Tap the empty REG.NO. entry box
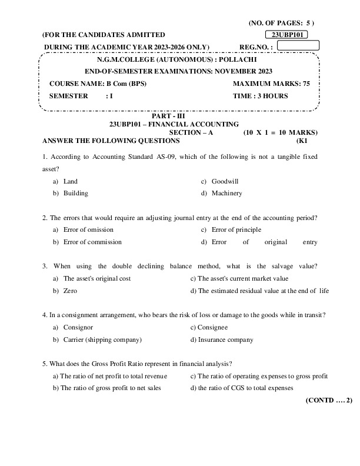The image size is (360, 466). pyautogui.click(x=298, y=45)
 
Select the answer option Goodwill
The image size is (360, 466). pyautogui.click(x=225, y=182)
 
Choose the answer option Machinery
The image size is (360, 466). pyautogui.click(x=226, y=193)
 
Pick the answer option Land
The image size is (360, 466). pyautogui.click(x=70, y=182)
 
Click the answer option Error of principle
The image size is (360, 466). pyautogui.click(x=236, y=230)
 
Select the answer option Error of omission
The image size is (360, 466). pyautogui.click(x=88, y=230)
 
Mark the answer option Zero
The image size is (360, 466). pyautogui.click(x=70, y=291)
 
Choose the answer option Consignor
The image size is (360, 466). pyautogui.click(x=78, y=328)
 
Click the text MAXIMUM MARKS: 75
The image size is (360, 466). pyautogui.click(x=271, y=84)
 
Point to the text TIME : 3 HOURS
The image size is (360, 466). pyautogui.click(x=261, y=96)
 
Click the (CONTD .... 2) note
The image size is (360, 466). pyautogui.click(x=328, y=400)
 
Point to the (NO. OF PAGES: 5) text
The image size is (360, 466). pyautogui.click(x=286, y=23)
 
